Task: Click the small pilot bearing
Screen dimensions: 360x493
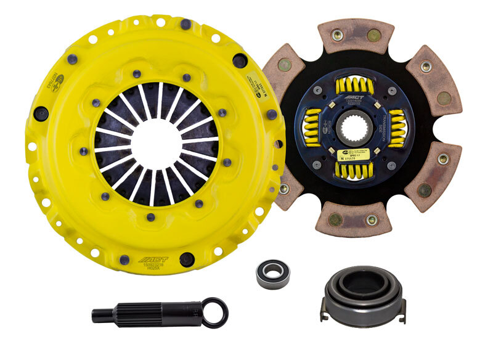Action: pos(272,273)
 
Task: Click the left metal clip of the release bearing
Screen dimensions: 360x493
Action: pos(324,311)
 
